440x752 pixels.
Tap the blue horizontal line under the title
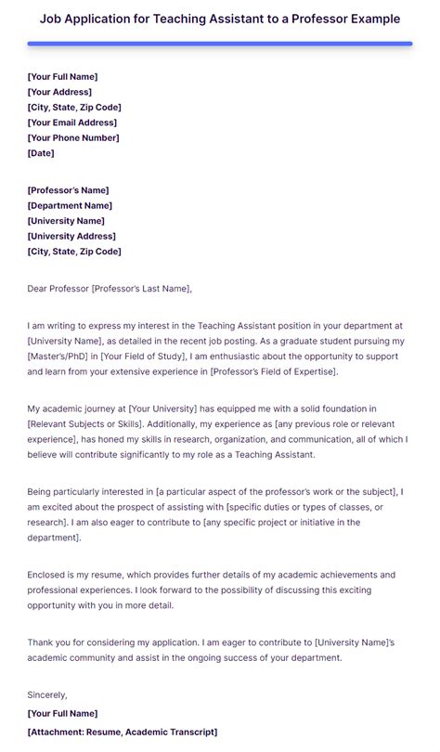point(220,43)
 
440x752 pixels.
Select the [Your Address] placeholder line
point(59,92)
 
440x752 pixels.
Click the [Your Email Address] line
point(73,123)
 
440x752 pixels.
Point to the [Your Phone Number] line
point(73,137)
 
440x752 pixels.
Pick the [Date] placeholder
point(41,153)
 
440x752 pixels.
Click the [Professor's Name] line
point(70,189)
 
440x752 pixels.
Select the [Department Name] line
point(70,205)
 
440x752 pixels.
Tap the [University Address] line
point(71,236)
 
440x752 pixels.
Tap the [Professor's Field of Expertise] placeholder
point(274,371)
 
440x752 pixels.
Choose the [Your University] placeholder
point(163,408)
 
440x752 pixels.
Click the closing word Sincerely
point(47,694)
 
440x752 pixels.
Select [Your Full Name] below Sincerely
point(62,713)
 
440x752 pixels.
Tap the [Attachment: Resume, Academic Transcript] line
point(123,732)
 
